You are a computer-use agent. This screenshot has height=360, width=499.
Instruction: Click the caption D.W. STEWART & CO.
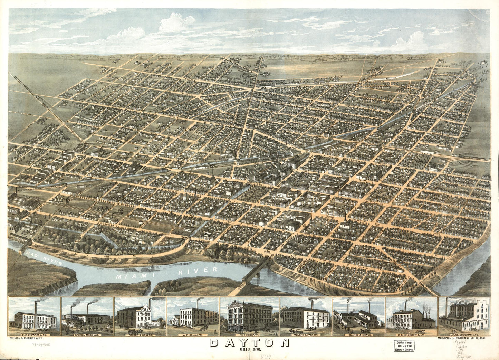pos(35,335)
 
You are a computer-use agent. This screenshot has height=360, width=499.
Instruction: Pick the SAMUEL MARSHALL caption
pos(87,335)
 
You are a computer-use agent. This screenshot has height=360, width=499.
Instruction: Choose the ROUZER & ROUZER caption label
pos(140,335)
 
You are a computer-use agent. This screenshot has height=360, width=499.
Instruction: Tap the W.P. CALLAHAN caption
pos(193,335)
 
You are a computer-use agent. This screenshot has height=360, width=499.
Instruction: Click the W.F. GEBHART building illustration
pos(249,316)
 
